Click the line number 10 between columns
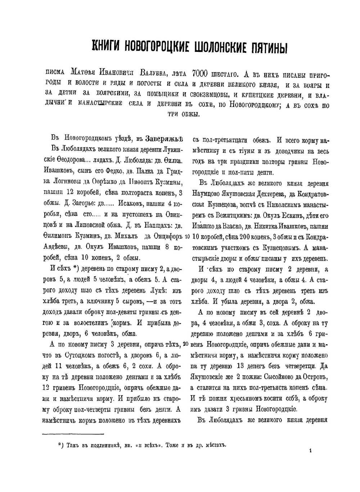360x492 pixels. point(187,238)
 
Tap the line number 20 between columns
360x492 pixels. point(186,344)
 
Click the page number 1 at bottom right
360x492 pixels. point(310,450)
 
